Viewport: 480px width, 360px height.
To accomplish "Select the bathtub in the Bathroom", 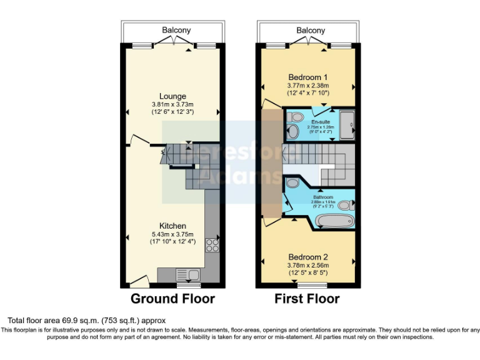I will tap(335, 221).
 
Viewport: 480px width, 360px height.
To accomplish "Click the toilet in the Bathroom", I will tap(346, 204).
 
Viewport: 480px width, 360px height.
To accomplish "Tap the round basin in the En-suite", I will tap(292, 131).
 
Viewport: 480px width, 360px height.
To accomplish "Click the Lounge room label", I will tap(173, 96).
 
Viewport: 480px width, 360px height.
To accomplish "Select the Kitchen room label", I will tap(172, 226).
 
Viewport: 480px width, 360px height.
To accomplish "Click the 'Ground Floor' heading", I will tap(172, 299).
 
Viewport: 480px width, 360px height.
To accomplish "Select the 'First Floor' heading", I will tap(307, 299).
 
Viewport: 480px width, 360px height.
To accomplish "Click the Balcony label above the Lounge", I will tap(176, 30).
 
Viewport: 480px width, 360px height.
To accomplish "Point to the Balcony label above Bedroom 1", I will tap(311, 30).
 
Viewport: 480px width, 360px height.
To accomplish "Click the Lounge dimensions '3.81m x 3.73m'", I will tap(173, 104).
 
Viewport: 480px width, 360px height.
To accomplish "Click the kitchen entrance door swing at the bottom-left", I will tap(139, 281).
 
